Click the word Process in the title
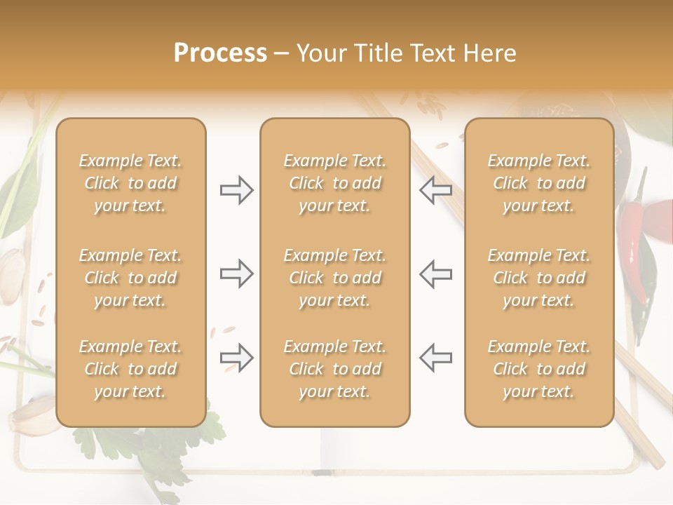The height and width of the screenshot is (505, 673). coord(220,53)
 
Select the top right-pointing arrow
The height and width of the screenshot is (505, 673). coord(237,190)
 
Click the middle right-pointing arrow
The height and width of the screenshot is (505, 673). coord(237,274)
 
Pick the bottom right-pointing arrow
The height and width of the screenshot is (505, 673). coord(237,358)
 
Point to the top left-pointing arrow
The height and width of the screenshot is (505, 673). coord(435,190)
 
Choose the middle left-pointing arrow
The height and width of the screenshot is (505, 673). coord(435,274)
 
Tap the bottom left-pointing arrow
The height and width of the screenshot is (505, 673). coord(435,358)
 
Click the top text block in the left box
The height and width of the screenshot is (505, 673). coord(130,183)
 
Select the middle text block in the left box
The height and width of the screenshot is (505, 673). coord(130,278)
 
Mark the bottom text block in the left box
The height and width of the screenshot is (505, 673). coord(130,369)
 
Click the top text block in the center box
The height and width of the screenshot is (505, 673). coord(334,183)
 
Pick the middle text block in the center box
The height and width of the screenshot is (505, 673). coord(334,278)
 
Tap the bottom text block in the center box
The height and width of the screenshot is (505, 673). coord(334,369)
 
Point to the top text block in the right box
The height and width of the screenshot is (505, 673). coord(538,183)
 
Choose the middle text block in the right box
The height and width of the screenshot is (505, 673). coord(538,278)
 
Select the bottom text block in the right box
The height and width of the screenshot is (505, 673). coord(538,369)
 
